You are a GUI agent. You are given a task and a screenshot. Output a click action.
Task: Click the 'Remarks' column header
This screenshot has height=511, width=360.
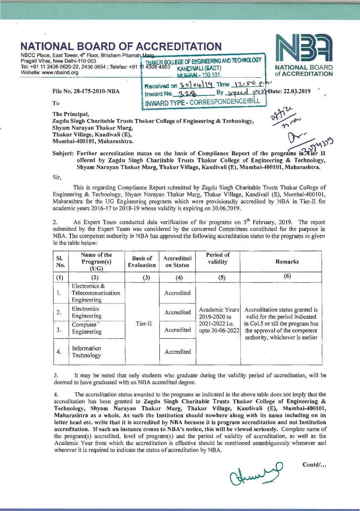click(x=287, y=262)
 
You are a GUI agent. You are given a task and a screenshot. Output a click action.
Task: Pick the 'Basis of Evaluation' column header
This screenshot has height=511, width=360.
click(x=142, y=262)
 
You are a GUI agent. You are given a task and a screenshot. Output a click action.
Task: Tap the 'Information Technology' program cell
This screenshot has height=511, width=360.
click(x=86, y=352)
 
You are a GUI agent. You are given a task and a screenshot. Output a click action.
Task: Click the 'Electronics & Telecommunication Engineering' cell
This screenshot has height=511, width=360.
click(x=96, y=293)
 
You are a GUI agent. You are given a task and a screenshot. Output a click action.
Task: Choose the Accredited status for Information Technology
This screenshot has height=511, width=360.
click(x=177, y=352)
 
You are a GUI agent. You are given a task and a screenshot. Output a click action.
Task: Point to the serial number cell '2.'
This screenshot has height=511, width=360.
click(x=59, y=312)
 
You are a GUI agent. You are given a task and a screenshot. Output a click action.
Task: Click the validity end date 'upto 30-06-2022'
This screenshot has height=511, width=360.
click(x=219, y=331)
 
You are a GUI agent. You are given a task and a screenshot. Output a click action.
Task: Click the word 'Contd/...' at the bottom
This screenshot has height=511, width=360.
click(x=314, y=464)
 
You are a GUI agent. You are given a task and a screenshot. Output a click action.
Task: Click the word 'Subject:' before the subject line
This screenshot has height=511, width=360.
click(x=62, y=153)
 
